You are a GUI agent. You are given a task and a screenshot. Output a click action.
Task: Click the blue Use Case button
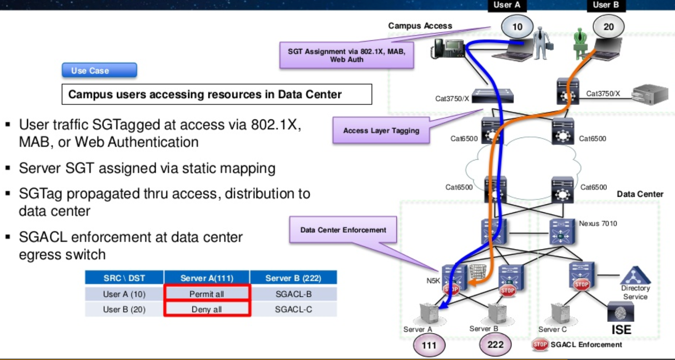pyautogui.click(x=99, y=70)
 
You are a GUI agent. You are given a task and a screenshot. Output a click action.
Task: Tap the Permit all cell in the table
pyautogui.click(x=207, y=294)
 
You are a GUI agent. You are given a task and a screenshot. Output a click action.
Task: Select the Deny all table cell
pyautogui.click(x=207, y=309)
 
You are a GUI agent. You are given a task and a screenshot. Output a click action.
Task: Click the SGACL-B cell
pyautogui.click(x=293, y=294)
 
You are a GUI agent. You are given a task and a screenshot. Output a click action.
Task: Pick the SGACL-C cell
pyautogui.click(x=293, y=309)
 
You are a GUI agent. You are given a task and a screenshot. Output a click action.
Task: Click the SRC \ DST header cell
pyautogui.click(x=124, y=278)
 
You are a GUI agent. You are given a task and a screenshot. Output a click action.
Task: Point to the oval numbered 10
pyautogui.click(x=517, y=27)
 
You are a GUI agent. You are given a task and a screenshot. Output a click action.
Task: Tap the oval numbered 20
pyautogui.click(x=608, y=27)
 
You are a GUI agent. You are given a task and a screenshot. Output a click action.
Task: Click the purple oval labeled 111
pyautogui.click(x=429, y=345)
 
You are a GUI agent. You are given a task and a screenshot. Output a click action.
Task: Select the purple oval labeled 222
pyautogui.click(x=495, y=345)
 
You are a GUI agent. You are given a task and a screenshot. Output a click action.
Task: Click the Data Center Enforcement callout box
pyautogui.click(x=343, y=230)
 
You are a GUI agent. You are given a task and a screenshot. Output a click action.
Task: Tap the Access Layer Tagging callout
pyautogui.click(x=381, y=130)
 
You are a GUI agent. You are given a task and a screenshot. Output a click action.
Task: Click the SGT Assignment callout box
pyautogui.click(x=346, y=55)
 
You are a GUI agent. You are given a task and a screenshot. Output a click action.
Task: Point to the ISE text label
pyautogui.click(x=621, y=330)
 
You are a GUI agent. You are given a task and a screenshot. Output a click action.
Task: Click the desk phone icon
pyautogui.click(x=447, y=48)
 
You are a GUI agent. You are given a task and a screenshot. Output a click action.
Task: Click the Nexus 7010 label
pyautogui.click(x=598, y=224)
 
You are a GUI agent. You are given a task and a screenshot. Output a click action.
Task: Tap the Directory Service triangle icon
pyautogui.click(x=635, y=276)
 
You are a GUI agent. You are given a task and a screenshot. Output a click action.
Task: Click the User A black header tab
pyautogui.click(x=507, y=5)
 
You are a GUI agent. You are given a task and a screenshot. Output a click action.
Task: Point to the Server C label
pyautogui.click(x=552, y=329)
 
